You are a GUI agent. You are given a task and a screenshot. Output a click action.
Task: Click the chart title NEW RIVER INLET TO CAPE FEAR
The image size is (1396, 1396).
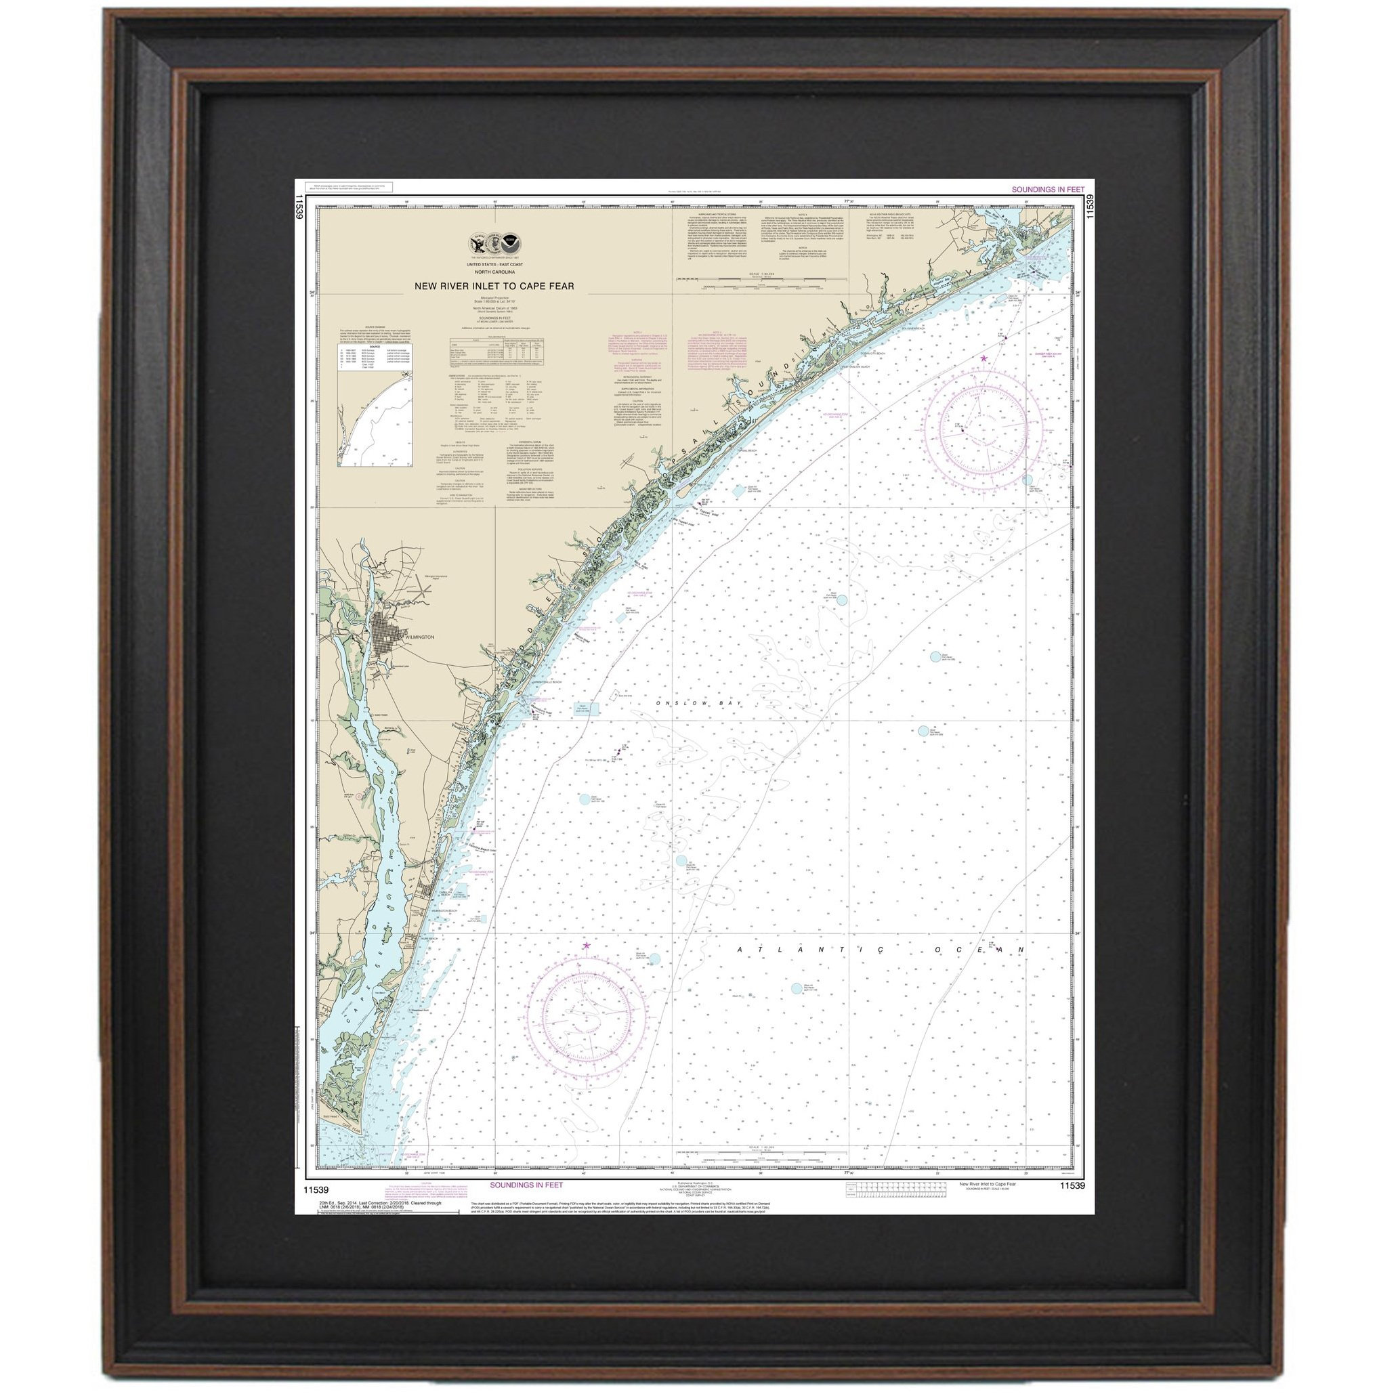tap(494, 285)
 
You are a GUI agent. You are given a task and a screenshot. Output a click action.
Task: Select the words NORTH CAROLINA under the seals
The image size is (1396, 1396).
tap(494, 272)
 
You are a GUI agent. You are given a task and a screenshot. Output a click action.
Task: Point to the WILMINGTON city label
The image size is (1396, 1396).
tap(419, 637)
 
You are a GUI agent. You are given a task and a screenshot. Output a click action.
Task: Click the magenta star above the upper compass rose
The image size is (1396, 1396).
tap(983, 358)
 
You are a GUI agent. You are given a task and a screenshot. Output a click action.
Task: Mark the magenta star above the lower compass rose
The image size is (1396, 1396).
tap(586, 944)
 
